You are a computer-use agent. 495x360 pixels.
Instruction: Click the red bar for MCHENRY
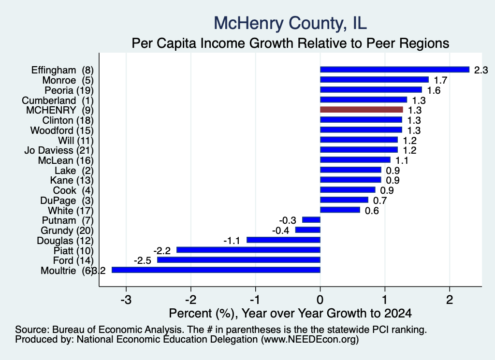[x=362, y=110]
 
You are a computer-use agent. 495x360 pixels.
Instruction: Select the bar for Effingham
[x=394, y=70]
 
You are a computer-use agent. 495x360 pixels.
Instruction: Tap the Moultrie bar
[x=216, y=270]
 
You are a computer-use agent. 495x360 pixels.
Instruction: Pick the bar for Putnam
[x=311, y=220]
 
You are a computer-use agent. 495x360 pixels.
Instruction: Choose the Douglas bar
[x=283, y=240]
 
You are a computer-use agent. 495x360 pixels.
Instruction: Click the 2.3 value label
[x=481, y=70]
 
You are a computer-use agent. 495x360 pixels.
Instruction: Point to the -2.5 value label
[x=143, y=260]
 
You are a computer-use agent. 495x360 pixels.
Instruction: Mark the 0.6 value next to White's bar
[x=372, y=211]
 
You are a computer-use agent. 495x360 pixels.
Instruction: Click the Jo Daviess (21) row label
[x=59, y=150]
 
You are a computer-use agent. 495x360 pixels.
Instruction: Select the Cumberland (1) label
[x=58, y=101]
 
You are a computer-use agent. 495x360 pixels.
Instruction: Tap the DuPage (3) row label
[x=67, y=201]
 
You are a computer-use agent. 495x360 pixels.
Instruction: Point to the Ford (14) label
[x=73, y=260]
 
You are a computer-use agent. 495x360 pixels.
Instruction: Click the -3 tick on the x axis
[x=126, y=300]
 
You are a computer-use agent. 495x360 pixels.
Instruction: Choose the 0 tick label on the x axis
[x=320, y=300]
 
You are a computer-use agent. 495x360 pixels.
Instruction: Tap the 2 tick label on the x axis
[x=450, y=300]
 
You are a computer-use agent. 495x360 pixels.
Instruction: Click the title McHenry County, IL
[x=291, y=23]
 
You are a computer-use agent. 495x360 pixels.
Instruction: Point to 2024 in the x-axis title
[x=398, y=313]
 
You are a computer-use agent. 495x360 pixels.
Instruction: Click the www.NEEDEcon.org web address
[x=310, y=340]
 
